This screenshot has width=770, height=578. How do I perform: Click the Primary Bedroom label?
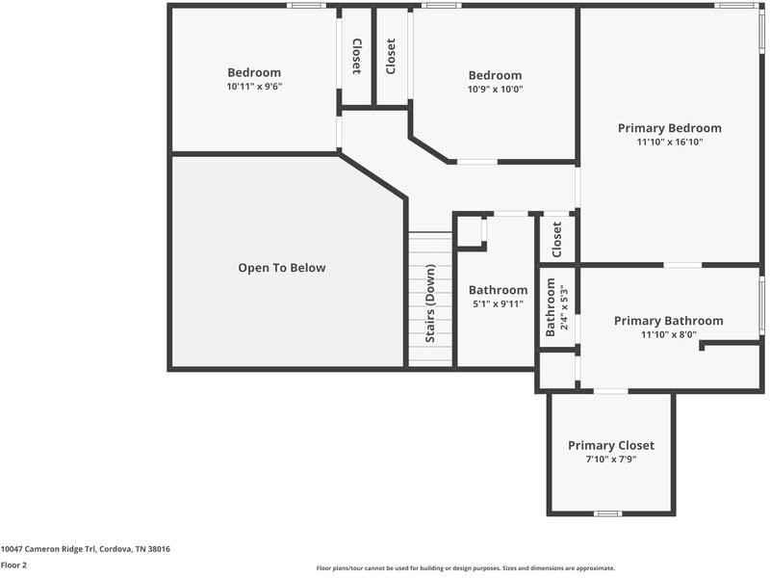(x=669, y=128)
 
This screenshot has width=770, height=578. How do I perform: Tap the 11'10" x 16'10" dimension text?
(x=669, y=142)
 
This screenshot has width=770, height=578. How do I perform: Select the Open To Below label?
(x=282, y=268)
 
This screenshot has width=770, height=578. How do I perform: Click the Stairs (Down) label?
(x=430, y=304)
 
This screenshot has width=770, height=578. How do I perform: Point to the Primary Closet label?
(x=611, y=445)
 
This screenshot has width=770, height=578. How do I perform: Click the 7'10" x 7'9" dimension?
(x=611, y=460)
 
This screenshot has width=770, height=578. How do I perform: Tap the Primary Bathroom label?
(x=668, y=321)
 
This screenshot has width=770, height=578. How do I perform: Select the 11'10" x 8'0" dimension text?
(x=668, y=335)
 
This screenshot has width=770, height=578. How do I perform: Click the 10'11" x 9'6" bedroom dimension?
(x=254, y=86)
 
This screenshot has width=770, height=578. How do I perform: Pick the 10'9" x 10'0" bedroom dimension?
(x=495, y=90)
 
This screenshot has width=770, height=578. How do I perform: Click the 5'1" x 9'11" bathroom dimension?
(x=498, y=304)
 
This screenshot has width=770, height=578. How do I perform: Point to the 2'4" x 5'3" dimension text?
(x=564, y=306)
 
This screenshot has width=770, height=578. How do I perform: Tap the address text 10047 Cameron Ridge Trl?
(x=86, y=548)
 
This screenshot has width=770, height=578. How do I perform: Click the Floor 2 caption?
(x=13, y=565)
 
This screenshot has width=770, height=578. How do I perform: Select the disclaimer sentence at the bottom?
(x=465, y=568)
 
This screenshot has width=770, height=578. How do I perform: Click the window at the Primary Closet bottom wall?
(x=607, y=512)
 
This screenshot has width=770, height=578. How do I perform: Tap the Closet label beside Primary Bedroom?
(x=556, y=240)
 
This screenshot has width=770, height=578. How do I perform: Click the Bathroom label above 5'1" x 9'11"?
(x=498, y=290)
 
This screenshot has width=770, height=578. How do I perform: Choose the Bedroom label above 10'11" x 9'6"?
(x=254, y=72)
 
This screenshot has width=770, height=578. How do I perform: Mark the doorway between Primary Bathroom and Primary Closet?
(x=610, y=391)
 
